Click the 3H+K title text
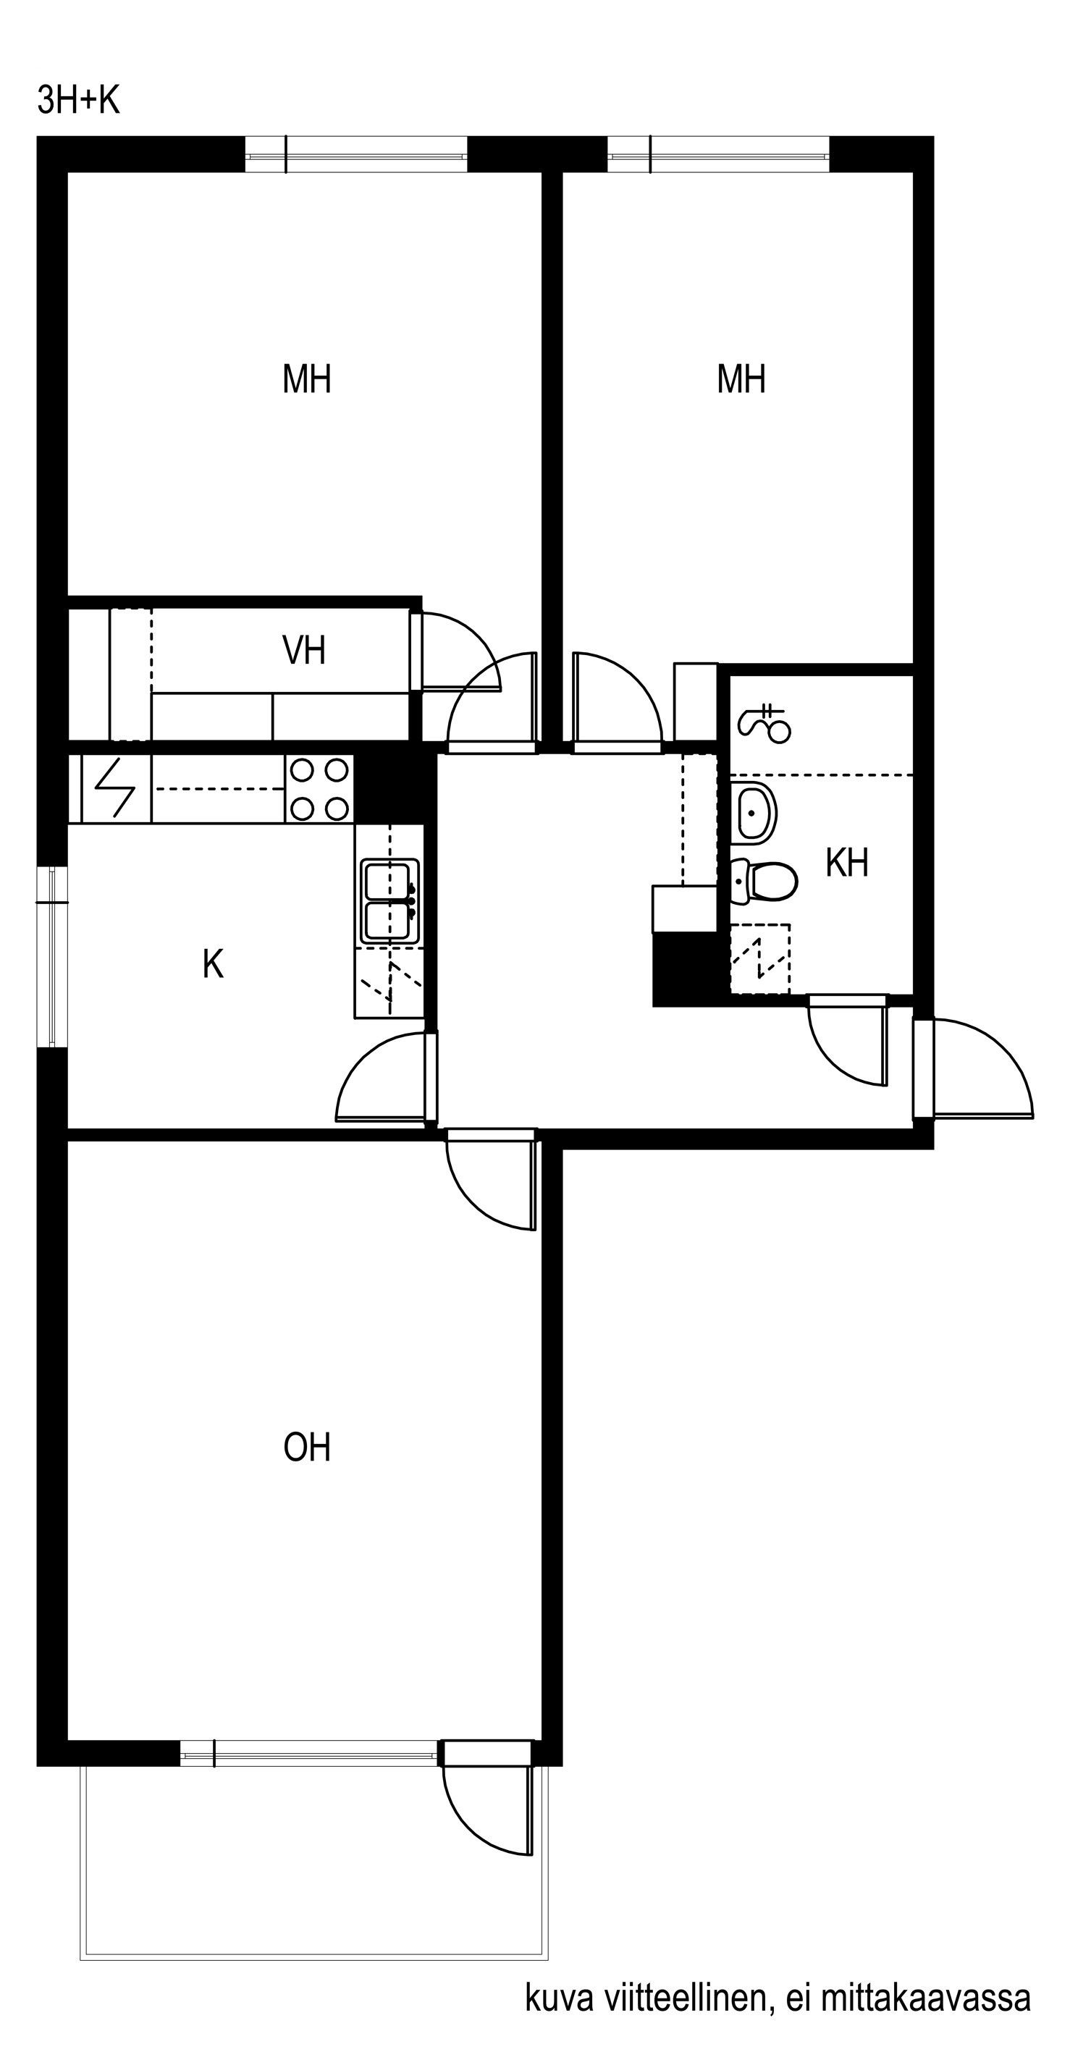(78, 101)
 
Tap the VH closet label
(304, 650)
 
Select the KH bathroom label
(846, 863)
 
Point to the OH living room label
(307, 1448)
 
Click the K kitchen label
(213, 964)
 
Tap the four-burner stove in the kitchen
(319, 790)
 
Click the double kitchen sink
(389, 901)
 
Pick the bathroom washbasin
(752, 813)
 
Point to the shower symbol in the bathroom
(765, 723)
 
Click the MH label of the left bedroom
(307, 379)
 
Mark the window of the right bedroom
(719, 153)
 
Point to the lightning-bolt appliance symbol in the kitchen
(116, 789)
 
